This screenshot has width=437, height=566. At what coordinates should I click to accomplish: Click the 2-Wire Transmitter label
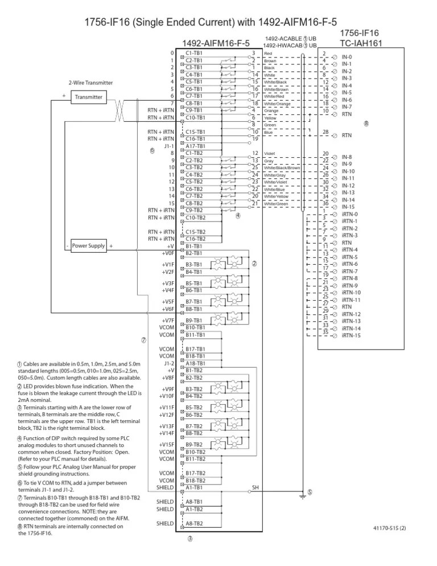[x=90, y=83]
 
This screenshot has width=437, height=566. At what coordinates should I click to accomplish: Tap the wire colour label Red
[x=269, y=54]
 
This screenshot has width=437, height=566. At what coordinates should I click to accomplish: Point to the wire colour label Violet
[x=269, y=154]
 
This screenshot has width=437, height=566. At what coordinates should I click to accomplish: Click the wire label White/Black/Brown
[x=282, y=168]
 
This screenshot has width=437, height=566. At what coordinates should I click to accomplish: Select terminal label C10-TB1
[x=195, y=118]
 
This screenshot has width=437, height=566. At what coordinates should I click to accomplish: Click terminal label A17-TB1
[x=195, y=146]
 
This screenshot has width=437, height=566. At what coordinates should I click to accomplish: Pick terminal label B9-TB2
[x=195, y=445]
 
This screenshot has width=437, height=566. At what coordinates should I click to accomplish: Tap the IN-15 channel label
[x=348, y=207]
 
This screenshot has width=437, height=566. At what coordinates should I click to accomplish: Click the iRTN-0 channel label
[x=349, y=214]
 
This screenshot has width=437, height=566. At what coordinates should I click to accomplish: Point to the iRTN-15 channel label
[x=351, y=336]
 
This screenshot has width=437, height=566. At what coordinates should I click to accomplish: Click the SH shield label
[x=255, y=487]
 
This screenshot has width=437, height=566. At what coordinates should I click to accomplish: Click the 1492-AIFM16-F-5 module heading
[x=216, y=43]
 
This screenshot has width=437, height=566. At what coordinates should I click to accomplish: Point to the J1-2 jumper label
[x=168, y=363]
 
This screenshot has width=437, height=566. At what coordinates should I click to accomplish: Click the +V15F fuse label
[x=166, y=445]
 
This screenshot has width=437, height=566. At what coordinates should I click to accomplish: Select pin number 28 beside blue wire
[x=326, y=132]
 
